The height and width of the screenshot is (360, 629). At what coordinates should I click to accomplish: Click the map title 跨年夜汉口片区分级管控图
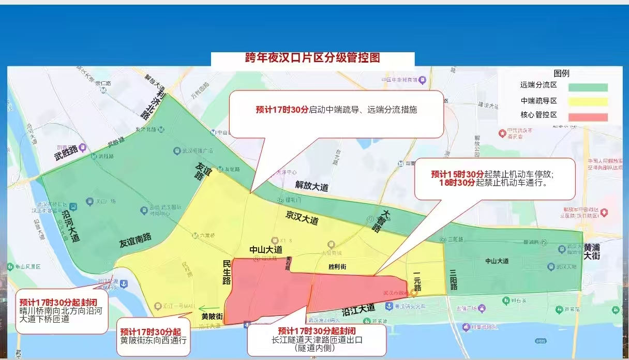pyautogui.click(x=312, y=57)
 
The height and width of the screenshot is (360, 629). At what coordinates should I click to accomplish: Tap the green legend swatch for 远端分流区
pyautogui.click(x=588, y=87)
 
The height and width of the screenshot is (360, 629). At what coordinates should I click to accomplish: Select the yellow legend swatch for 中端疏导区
pyautogui.click(x=588, y=102)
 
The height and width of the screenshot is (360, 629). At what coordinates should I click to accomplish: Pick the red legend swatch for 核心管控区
pyautogui.click(x=588, y=117)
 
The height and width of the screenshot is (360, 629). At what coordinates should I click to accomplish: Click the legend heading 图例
pyautogui.click(x=561, y=73)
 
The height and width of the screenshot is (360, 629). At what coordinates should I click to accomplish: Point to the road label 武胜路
pyautogui.click(x=66, y=150)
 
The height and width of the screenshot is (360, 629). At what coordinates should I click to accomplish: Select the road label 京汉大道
pyautogui.click(x=302, y=219)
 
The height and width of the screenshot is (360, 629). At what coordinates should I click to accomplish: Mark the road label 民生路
pyautogui.click(x=227, y=272)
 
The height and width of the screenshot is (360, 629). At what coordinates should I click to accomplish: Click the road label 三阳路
pyautogui.click(x=453, y=280)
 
